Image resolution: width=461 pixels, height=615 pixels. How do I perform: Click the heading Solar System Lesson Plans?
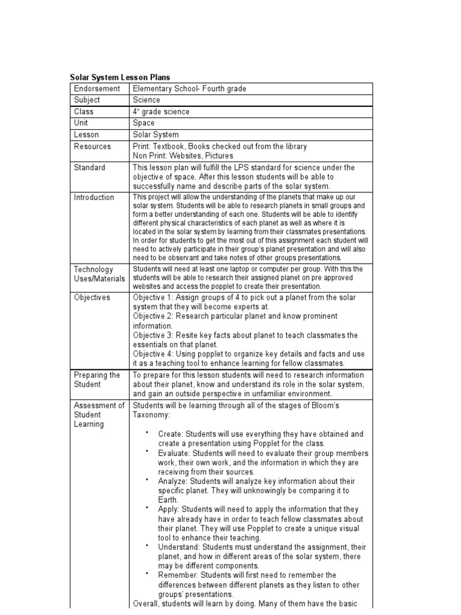click(120, 77)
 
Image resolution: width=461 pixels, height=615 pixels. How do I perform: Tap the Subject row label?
click(87, 100)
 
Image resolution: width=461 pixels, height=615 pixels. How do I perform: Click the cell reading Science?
click(146, 100)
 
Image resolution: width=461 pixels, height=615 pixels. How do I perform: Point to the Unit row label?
click(81, 123)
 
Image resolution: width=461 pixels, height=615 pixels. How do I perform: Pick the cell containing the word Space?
click(143, 123)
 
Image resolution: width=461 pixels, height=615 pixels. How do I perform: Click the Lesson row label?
click(86, 135)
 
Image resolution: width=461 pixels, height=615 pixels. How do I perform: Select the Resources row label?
click(92, 147)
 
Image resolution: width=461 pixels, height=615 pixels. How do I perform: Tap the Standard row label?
click(89, 168)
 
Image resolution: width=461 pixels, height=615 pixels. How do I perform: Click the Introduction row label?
click(94, 198)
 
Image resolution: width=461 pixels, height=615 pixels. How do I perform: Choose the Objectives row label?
click(92, 298)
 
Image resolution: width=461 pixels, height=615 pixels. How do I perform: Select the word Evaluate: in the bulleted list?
click(175, 453)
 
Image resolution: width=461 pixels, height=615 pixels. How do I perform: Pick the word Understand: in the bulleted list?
click(179, 547)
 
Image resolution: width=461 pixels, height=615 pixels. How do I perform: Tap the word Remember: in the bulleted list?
click(178, 575)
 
